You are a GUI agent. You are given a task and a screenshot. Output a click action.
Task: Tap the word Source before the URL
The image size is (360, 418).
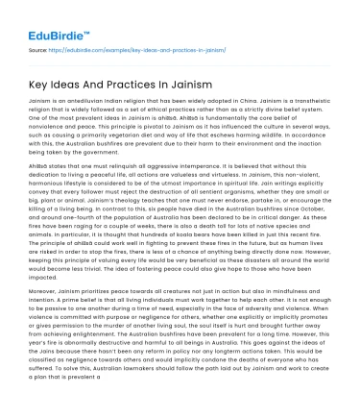[x=38, y=48]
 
